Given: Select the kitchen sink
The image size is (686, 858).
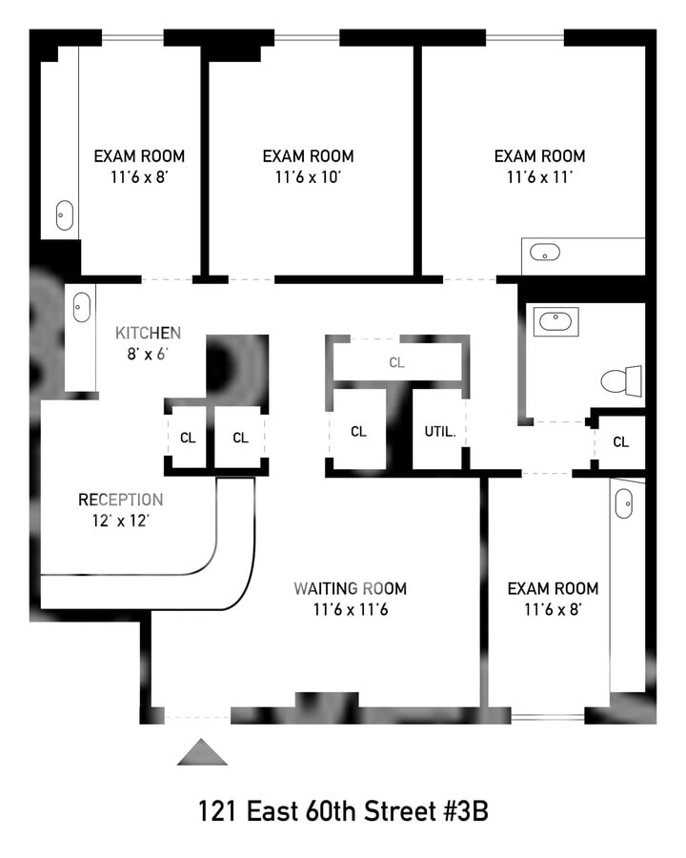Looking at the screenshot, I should click(82, 307).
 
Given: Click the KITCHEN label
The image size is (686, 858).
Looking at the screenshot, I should click(148, 333).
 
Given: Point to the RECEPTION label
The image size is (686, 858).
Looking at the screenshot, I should click(120, 500).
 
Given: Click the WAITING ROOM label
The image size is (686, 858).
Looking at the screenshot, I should click(350, 588).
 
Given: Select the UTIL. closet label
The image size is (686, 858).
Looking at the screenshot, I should click(440, 431).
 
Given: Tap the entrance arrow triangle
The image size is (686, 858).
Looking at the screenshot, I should click(202, 753).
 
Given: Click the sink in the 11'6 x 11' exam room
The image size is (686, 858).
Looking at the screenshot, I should click(545, 253).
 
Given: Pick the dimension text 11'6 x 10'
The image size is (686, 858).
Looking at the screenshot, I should click(308, 177).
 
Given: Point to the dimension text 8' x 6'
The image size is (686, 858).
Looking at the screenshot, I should click(148, 354).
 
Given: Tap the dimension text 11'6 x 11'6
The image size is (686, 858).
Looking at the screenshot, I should click(350, 609).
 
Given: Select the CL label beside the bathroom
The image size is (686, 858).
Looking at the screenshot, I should click(620, 441).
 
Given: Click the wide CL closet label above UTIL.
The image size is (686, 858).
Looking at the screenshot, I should click(396, 362).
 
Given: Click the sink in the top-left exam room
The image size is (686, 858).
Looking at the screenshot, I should click(65, 215).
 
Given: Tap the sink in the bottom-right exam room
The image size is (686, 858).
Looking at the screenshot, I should click(623, 502).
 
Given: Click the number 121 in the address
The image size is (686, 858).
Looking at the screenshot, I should click(217, 812).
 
